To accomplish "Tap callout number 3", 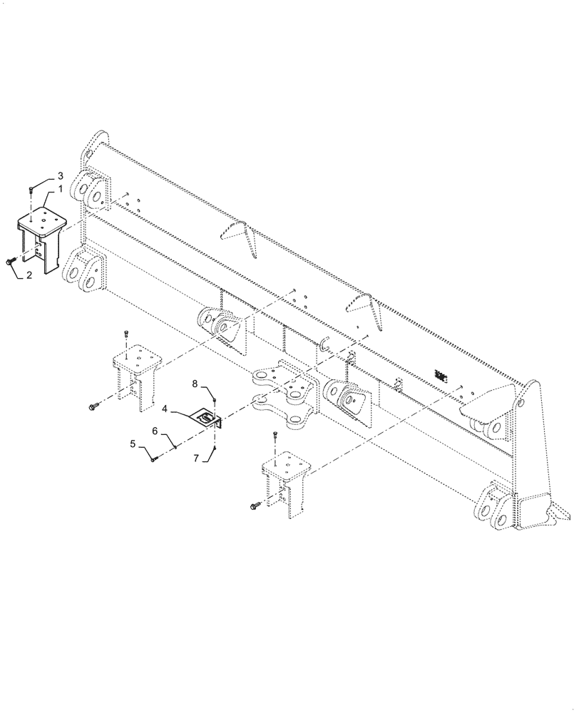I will pos(61,175).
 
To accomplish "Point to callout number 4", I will pos(165,409).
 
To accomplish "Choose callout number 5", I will pos(133,445).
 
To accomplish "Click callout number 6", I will pos(155,431).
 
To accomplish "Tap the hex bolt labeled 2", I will pos(11,262).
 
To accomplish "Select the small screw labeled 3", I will pos(31,190).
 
